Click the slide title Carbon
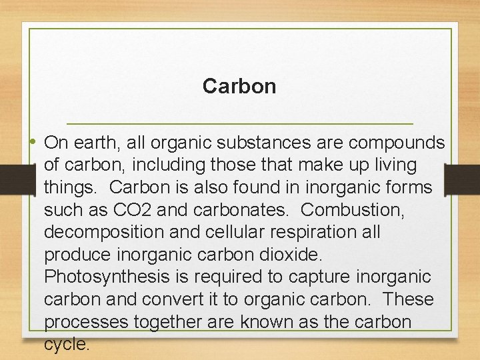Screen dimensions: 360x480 coord(239,87)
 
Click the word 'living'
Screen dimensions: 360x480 coord(393,165)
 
